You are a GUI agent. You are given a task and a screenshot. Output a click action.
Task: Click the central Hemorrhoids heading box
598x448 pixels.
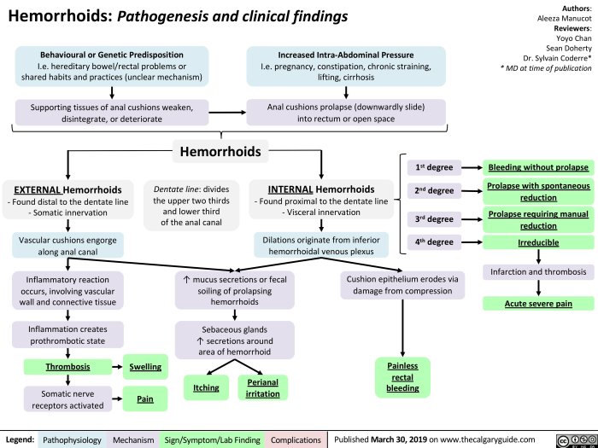pos(221,153)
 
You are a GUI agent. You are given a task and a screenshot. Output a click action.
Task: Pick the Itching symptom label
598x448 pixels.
pos(205,387)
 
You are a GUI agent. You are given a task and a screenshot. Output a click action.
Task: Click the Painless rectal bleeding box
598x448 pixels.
pos(402,376)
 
